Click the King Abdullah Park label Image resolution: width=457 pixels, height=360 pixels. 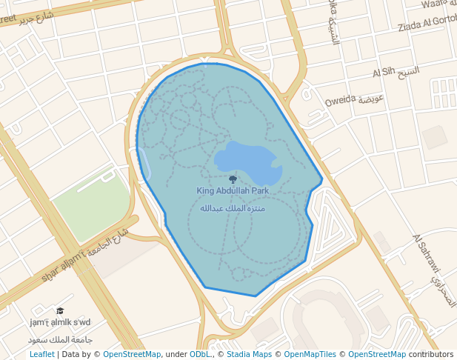coord(233,191)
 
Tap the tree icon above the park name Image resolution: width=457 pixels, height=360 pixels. coord(233,179)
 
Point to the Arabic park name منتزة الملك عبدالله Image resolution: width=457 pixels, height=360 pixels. coord(233,208)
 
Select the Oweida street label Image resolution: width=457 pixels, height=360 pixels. coord(341,99)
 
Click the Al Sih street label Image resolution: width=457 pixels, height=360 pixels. coord(383,73)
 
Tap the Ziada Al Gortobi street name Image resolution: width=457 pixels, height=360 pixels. coord(427,27)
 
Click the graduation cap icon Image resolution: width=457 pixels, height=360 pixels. coord(60,311)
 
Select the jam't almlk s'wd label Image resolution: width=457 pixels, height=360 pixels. coord(60,322)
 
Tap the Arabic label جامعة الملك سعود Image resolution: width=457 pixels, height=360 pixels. coord(60,339)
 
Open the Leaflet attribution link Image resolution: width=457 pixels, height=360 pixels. coord(41,355)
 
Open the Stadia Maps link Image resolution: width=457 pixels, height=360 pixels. coord(249,355)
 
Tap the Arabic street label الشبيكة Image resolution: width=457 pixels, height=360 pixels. coord(334,30)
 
